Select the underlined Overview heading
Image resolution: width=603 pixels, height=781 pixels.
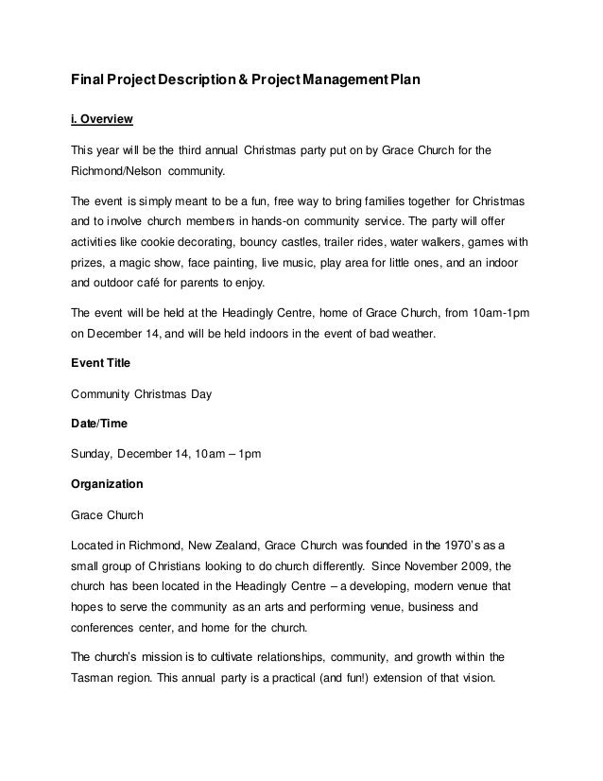coord(102,120)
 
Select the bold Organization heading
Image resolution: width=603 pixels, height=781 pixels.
coord(108,484)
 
